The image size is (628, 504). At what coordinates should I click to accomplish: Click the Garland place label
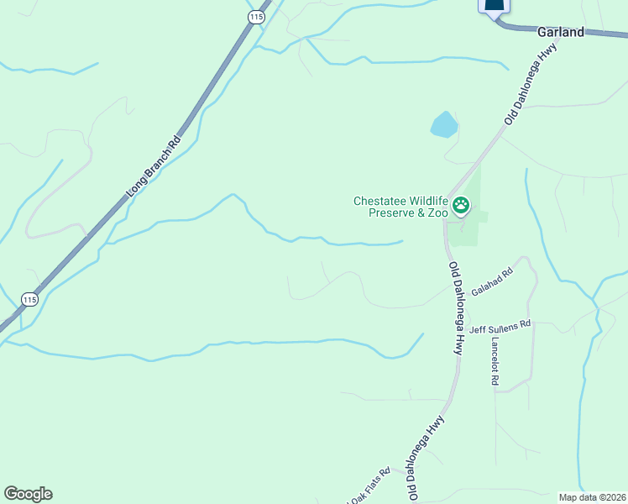pos(560,32)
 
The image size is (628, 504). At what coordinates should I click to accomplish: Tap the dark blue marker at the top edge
pos(494,7)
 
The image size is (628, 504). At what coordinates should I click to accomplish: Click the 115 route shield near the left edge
pos(29,300)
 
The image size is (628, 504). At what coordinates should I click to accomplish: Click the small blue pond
pos(444,125)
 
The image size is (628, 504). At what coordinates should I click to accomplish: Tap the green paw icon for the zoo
pos(461,205)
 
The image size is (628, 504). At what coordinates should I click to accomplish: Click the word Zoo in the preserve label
pos(438,213)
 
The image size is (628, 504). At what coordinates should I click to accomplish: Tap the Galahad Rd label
pos(492,281)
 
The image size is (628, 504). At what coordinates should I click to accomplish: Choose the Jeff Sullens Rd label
pos(500,326)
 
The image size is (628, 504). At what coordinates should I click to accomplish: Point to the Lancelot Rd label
pos(495,361)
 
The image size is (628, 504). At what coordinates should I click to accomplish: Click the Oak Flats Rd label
pos(371,485)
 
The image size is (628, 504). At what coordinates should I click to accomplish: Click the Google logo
pos(28,494)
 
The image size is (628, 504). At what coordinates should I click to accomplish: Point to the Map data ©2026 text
pos(592,496)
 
